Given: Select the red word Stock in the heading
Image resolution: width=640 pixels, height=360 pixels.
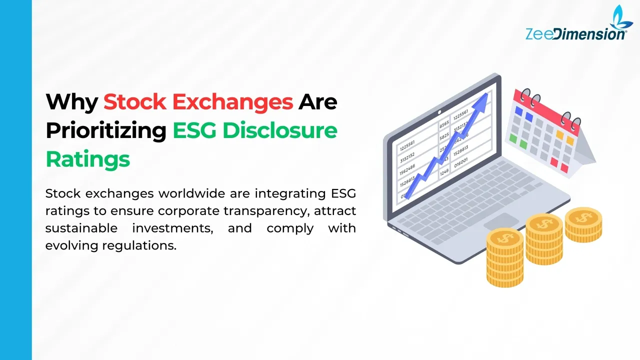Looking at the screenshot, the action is pos(135,101).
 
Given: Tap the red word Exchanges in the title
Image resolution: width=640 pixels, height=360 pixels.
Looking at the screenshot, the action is pos(232,102).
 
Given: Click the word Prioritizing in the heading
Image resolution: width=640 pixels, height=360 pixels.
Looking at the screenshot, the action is pos(106,131).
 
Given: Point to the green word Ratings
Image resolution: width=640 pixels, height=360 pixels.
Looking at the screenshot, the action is pos(88,159).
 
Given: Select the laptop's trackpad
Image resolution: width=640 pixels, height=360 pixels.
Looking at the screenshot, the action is pos(501,221).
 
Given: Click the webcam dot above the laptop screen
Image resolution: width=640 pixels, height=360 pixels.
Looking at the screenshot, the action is pos(439,112).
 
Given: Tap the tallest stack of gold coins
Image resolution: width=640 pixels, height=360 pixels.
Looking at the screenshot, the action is pos(505,257).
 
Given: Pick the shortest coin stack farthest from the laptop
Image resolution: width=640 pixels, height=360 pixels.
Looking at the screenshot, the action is pos(583,225).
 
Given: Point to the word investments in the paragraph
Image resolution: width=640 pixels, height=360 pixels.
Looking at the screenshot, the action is pos(172,228).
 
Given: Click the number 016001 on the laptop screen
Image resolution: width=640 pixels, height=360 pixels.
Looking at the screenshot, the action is pos(461,163).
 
